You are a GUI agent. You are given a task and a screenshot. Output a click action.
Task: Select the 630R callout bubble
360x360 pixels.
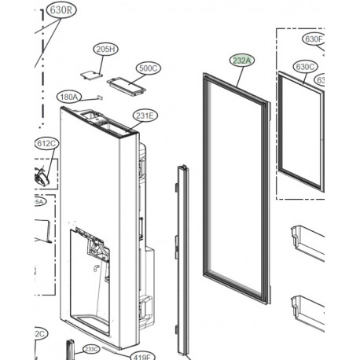pos(59,11)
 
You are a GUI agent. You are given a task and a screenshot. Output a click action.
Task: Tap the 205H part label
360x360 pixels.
pos(105,49)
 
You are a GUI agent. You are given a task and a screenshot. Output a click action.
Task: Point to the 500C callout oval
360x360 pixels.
pos(148,68)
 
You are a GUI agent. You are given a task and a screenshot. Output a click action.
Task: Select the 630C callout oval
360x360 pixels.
pos(306,67)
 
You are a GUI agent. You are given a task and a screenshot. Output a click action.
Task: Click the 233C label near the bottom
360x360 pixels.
pos(92,349)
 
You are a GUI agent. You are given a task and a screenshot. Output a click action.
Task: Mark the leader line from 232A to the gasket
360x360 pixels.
pos(237,70)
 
